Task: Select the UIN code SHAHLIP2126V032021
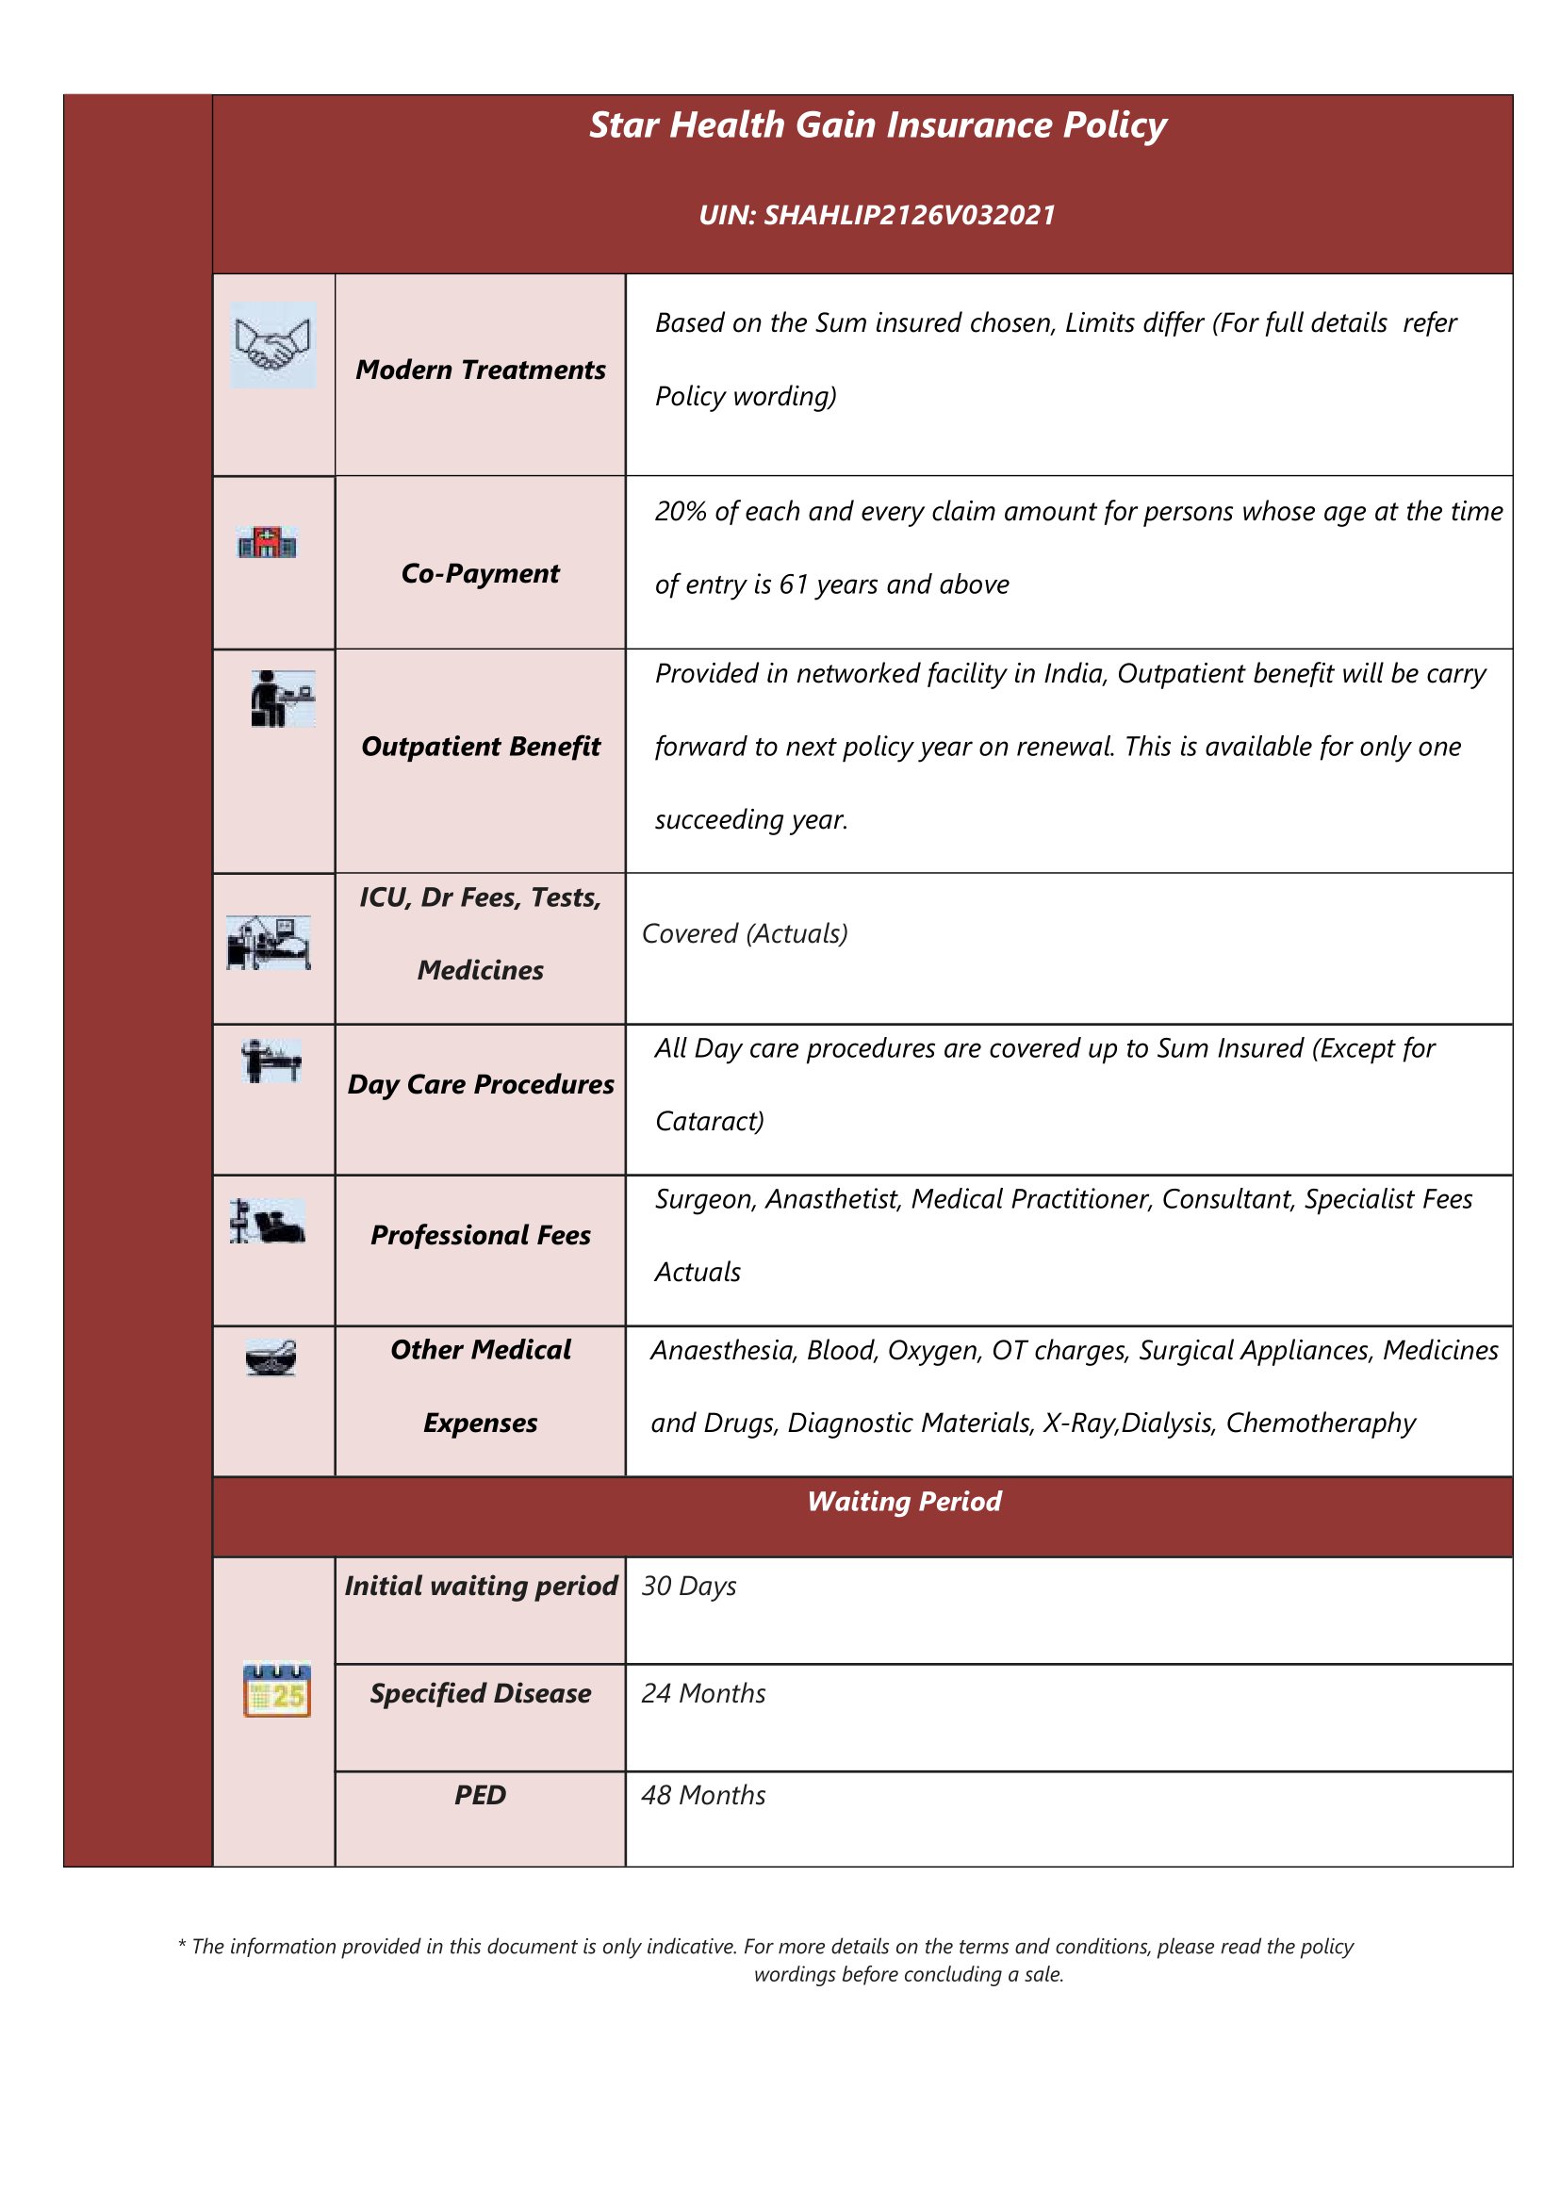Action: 876,215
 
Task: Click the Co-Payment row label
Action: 480,573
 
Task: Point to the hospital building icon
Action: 267,542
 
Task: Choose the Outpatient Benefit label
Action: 481,747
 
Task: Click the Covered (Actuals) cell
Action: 745,934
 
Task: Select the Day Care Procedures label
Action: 481,1085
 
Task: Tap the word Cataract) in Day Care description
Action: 710,1121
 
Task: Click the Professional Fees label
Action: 481,1236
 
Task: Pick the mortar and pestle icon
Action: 271,1358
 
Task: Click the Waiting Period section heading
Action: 904,1502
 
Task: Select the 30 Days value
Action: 689,1587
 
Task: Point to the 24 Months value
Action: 703,1694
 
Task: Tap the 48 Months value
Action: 703,1796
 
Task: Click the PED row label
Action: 481,1796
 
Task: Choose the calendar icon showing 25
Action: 276,1691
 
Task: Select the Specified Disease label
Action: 481,1694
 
